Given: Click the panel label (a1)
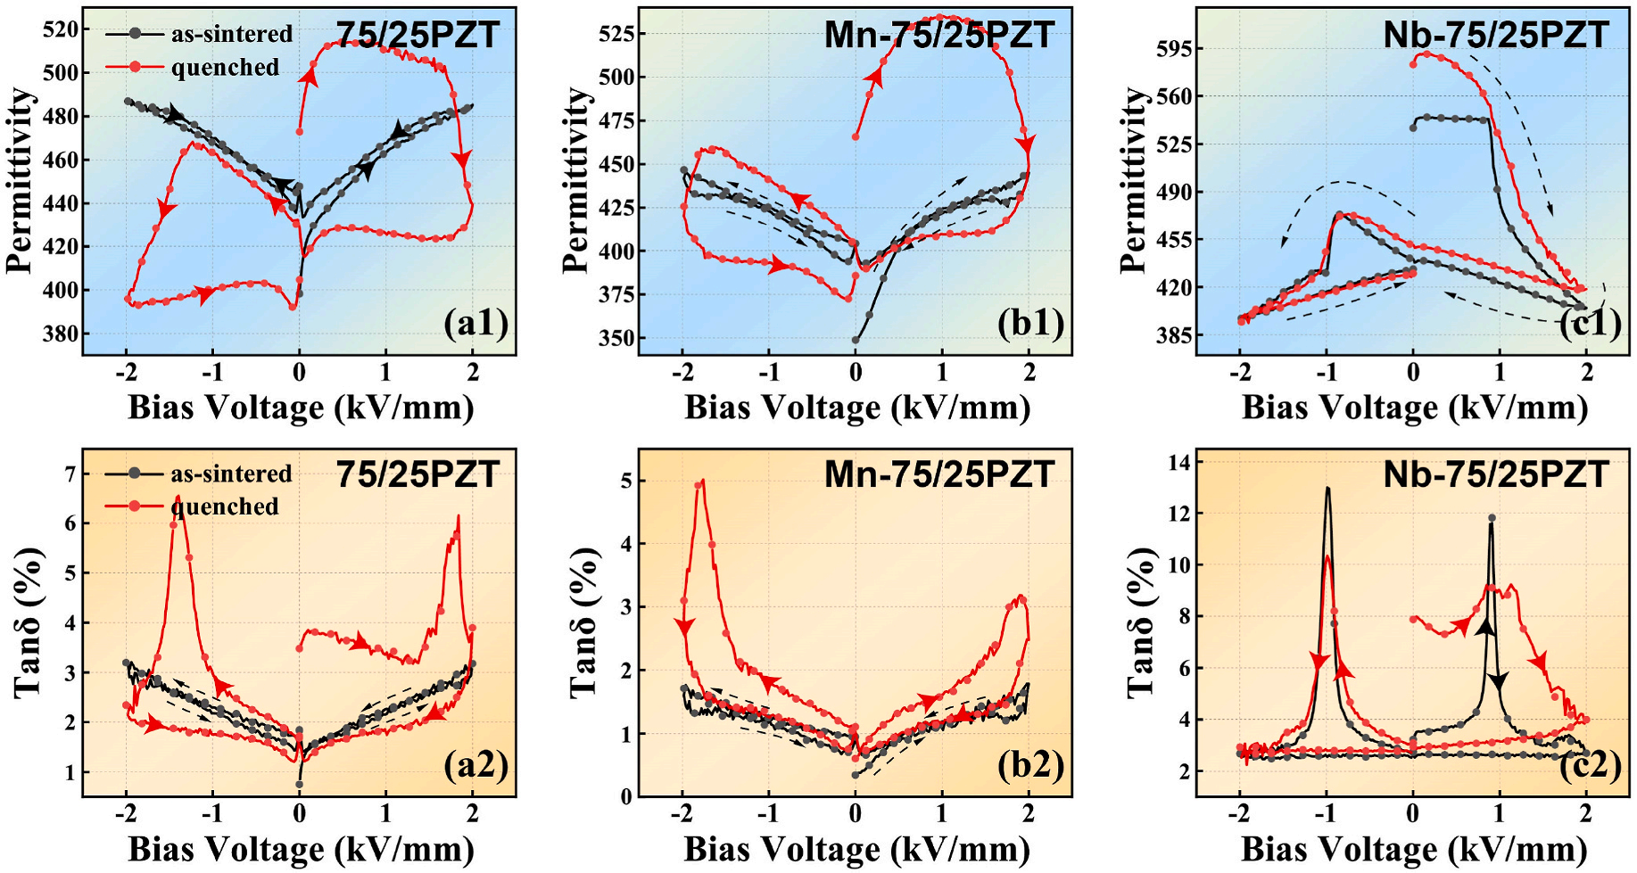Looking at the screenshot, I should point(475,323).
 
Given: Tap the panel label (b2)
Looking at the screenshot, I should point(1031,765).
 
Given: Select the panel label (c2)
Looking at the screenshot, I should point(1590,765).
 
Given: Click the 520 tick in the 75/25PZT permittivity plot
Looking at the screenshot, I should point(61,29).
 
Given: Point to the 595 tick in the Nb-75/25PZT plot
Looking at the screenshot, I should point(1173,48).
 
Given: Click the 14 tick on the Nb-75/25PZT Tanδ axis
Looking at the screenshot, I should point(1178,462).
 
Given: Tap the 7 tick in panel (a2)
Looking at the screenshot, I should point(70,474).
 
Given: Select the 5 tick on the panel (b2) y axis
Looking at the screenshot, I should point(626,482).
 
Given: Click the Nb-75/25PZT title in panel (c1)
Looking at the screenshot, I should point(1495,36).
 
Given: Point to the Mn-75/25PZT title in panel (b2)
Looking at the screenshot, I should point(938,474).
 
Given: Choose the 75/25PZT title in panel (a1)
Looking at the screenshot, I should point(418,36).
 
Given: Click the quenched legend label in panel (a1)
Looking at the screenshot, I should point(225,68).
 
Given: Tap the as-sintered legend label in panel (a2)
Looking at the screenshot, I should point(231,474).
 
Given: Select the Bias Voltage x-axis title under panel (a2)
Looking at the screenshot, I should point(301,849).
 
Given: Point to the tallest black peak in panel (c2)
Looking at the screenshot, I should point(1327,489).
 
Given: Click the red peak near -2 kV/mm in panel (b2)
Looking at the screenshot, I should point(701,482).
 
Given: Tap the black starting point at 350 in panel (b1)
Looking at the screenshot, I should point(856,340).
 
